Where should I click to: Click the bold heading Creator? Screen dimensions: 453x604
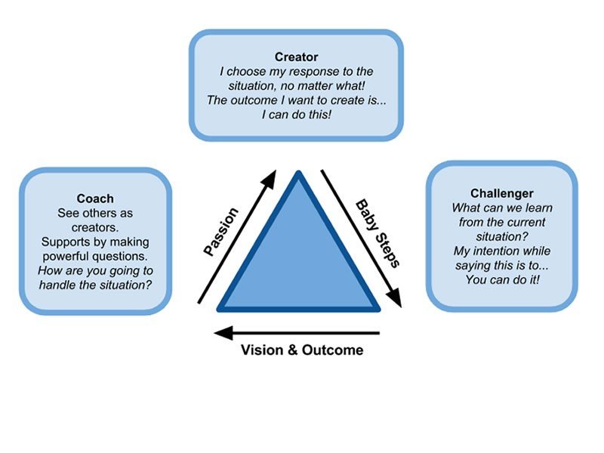296,57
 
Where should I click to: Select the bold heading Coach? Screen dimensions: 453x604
95,199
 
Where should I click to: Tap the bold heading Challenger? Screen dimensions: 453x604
501,194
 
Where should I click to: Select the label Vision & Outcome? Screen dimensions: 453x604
301,350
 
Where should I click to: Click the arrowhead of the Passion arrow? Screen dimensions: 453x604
270,178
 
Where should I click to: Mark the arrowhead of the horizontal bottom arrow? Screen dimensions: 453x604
219,330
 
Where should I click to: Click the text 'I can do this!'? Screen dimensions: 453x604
296,115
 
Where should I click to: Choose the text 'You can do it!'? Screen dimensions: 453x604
501,280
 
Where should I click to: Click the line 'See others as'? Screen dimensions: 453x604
95,213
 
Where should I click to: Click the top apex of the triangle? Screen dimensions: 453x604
299,174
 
